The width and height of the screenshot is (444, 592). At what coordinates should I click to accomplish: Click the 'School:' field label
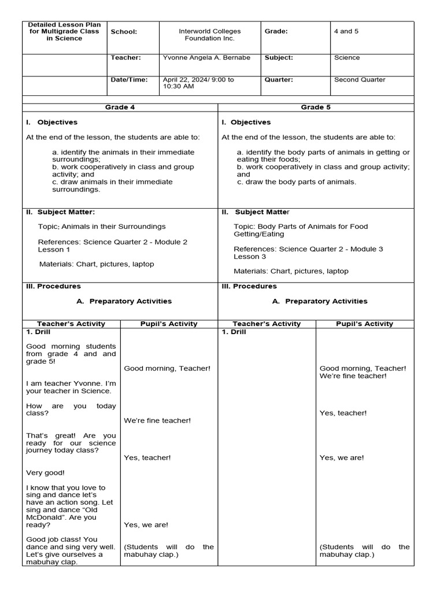tap(124, 32)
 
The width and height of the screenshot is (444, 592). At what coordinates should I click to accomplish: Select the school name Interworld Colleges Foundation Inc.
tap(209, 35)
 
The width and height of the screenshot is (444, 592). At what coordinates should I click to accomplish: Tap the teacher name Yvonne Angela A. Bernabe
tap(206, 58)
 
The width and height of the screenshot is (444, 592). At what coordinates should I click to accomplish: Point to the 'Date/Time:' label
tap(129, 80)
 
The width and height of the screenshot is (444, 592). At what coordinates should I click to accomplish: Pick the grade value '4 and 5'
tap(346, 31)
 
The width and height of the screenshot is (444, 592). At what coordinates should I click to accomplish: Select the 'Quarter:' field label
tap(279, 80)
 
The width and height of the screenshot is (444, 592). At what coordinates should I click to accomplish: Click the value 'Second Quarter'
tap(360, 80)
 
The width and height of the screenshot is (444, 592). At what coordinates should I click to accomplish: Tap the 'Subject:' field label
tap(279, 58)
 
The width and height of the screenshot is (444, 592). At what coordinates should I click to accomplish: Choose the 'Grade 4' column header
tap(120, 108)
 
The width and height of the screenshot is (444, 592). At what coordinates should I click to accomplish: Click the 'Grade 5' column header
tap(316, 108)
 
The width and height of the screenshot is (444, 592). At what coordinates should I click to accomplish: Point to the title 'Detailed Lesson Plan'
tap(65, 25)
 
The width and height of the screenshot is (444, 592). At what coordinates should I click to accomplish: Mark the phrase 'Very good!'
tap(46, 472)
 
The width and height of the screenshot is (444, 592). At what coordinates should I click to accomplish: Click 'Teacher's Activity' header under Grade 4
tap(71, 324)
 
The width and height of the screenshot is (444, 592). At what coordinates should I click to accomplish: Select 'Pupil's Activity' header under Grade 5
tap(364, 324)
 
